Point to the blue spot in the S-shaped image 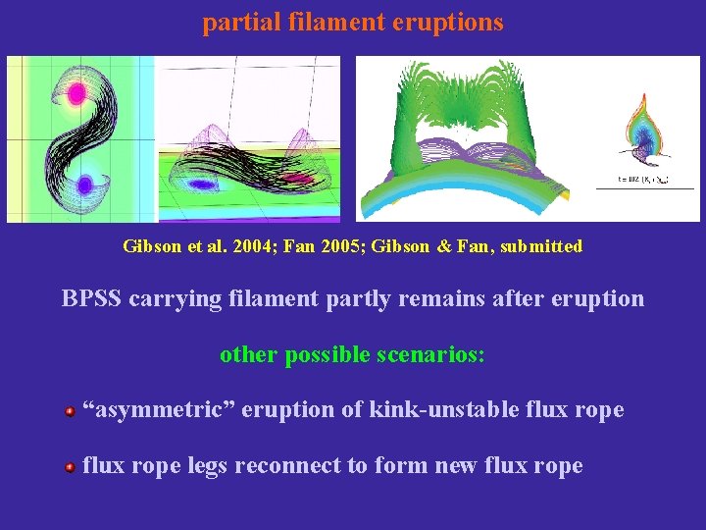85,184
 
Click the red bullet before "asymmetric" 71,410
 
